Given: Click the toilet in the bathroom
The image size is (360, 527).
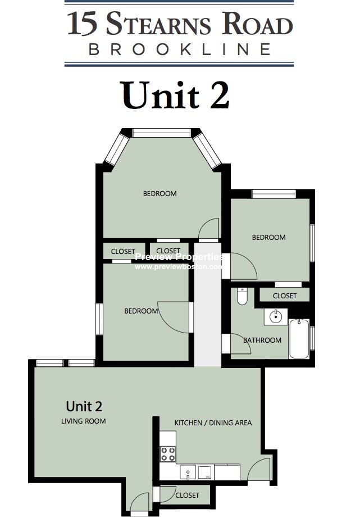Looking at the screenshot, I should (242, 296).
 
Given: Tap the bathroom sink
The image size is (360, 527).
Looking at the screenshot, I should (275, 317).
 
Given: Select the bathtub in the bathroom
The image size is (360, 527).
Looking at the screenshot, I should (299, 339).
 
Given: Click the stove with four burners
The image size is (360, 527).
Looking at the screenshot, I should (168, 453).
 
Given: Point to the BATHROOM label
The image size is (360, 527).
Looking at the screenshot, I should (262, 340).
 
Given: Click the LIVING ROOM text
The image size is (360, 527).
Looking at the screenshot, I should (84, 421).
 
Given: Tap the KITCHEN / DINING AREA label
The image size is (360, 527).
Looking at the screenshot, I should (213, 423).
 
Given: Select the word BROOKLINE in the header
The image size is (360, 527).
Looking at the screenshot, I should (180, 49).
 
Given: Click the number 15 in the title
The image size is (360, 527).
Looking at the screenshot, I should (83, 25).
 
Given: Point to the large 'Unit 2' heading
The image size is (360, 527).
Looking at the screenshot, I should (176, 94).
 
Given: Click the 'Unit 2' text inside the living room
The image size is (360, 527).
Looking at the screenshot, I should (84, 406).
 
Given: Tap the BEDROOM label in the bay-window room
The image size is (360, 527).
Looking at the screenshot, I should (160, 194).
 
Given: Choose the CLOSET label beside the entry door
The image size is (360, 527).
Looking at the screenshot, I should (187, 496).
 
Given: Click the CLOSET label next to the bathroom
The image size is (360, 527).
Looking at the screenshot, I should (285, 296).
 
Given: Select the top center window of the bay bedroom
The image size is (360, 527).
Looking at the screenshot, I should (161, 133).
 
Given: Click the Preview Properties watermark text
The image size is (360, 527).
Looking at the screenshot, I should (179, 257).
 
